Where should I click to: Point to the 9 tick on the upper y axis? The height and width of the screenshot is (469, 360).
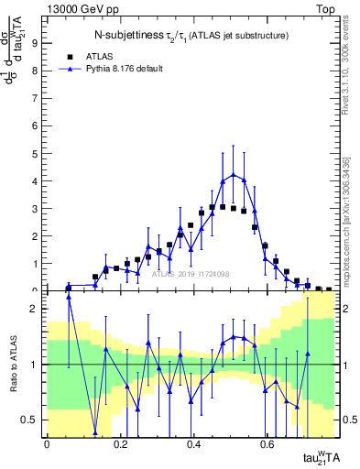[34, 42]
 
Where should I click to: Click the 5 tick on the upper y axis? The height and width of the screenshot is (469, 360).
[34, 153]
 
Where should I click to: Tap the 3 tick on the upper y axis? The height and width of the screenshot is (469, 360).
[34, 208]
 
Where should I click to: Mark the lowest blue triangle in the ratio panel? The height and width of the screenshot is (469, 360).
[95, 432]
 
